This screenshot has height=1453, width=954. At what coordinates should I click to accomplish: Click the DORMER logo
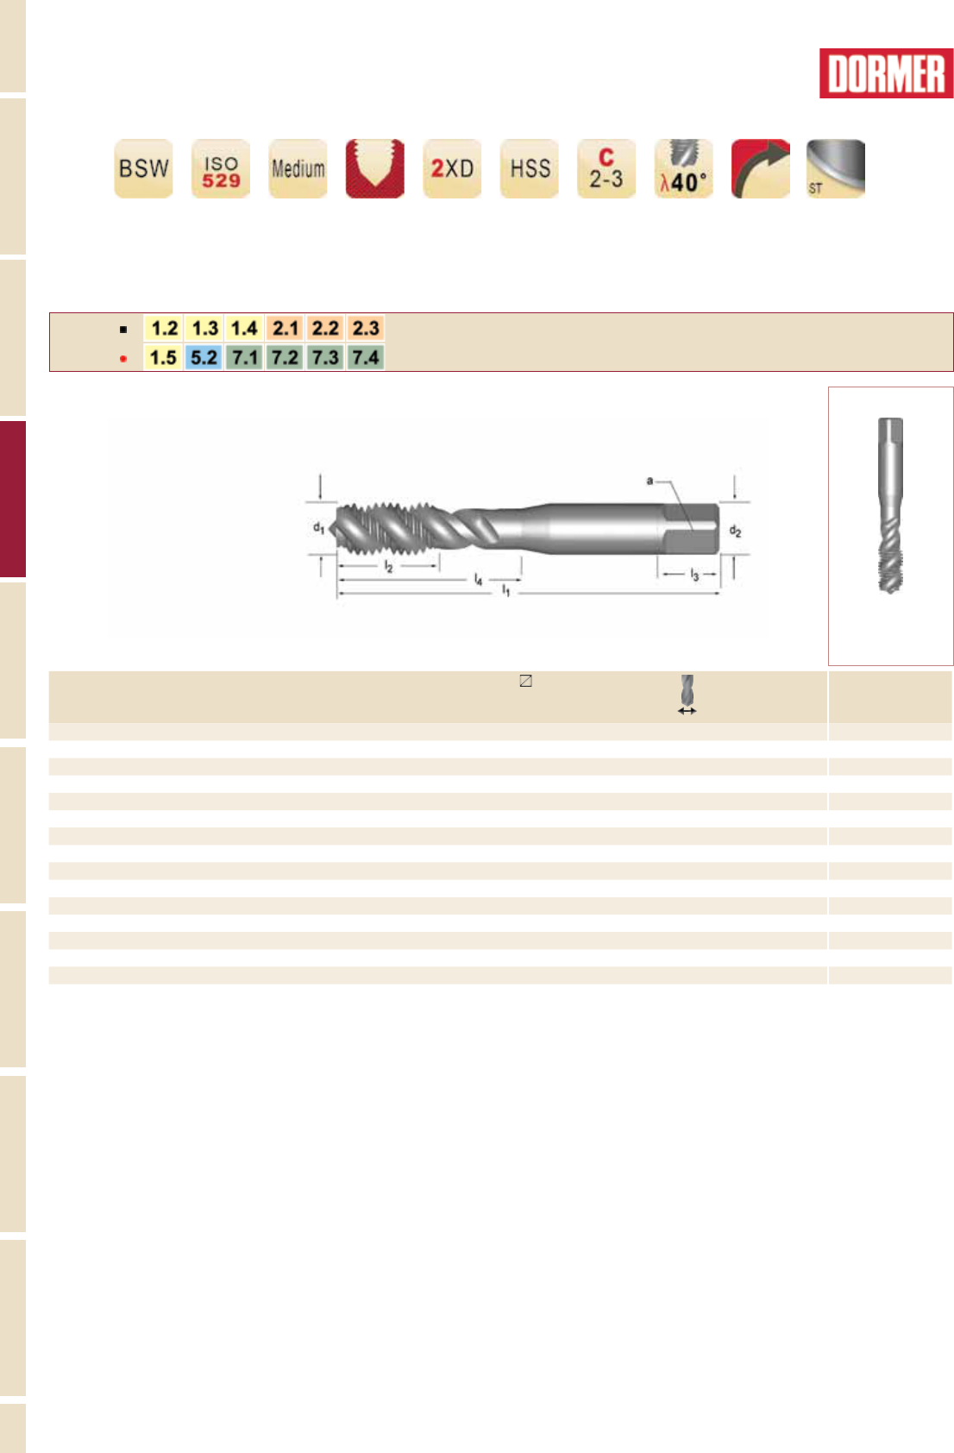[886, 73]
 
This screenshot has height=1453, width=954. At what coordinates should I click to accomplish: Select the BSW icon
[143, 168]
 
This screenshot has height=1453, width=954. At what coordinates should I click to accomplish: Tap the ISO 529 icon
[221, 168]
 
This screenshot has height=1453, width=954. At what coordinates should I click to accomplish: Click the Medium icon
[298, 168]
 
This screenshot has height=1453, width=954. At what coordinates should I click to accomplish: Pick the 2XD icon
[452, 168]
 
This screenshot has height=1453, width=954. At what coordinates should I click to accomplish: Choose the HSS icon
[530, 168]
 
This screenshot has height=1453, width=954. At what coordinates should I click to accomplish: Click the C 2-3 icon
[606, 168]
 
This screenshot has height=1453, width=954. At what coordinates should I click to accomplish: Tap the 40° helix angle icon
[683, 168]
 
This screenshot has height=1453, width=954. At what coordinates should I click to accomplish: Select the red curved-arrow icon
[761, 168]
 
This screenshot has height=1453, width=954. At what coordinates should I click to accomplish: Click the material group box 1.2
[163, 328]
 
